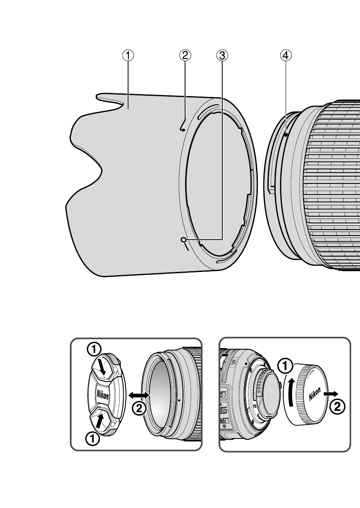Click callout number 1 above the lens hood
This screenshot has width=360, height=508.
(128, 56)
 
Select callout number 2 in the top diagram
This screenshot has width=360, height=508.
(185, 56)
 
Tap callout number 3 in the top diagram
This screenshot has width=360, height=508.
(221, 56)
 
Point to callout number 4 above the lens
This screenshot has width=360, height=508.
(286, 56)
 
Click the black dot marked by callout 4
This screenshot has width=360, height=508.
(286, 135)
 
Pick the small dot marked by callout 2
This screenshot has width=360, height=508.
(183, 130)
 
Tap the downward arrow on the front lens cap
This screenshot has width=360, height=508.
(102, 367)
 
